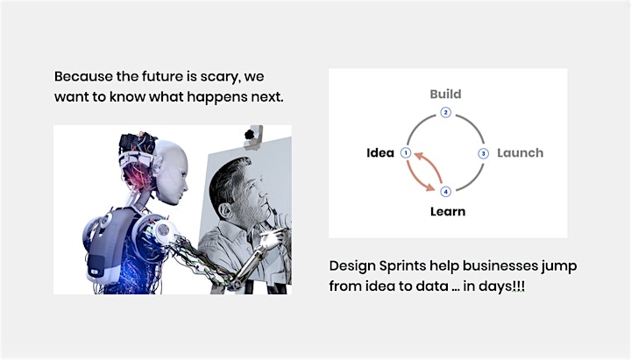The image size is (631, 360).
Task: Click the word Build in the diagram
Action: pos(445,94)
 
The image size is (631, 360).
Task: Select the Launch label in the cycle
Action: pos(520,153)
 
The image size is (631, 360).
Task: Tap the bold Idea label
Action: pos(380,153)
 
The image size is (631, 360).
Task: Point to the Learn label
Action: pos(448,211)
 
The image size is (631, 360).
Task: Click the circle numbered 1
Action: pos(406,153)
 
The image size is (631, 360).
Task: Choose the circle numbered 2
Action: pos(445,112)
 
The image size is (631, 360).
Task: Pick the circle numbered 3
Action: pos(483,153)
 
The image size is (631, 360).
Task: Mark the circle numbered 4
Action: pos(445,192)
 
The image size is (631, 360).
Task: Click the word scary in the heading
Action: pos(220,77)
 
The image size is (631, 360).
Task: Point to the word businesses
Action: pos(500,265)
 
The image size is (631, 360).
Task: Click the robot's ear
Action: pos(158,163)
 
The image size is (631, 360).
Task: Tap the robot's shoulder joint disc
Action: pos(163,229)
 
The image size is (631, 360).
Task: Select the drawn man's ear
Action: pos(225,210)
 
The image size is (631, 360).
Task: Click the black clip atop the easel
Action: pos(250,134)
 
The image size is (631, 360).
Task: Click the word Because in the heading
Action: pos(83,76)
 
